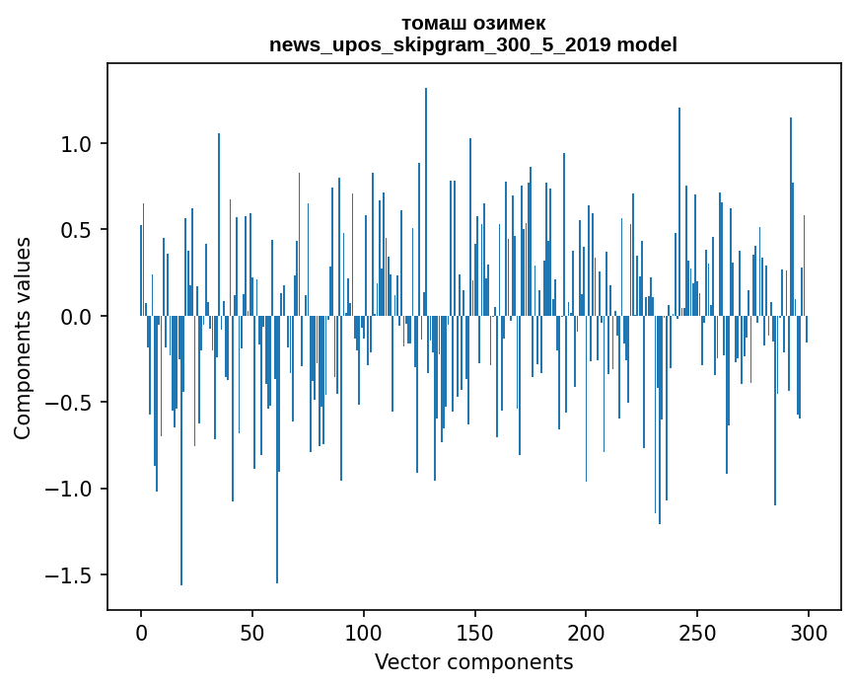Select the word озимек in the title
point(510,23)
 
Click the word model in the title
point(647,45)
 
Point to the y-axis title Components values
point(23,338)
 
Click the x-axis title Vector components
point(473,662)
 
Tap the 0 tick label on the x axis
point(141,632)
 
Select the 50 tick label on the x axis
point(252,632)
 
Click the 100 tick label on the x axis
point(364,632)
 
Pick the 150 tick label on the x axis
point(475,632)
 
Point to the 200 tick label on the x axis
point(586,632)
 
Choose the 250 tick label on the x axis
point(697,632)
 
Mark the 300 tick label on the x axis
point(809,632)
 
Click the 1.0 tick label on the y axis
point(77,144)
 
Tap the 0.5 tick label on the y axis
point(77,230)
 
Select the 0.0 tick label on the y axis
point(77,317)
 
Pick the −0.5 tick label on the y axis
point(71,403)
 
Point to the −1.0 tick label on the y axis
point(71,490)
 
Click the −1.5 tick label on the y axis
point(71,575)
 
